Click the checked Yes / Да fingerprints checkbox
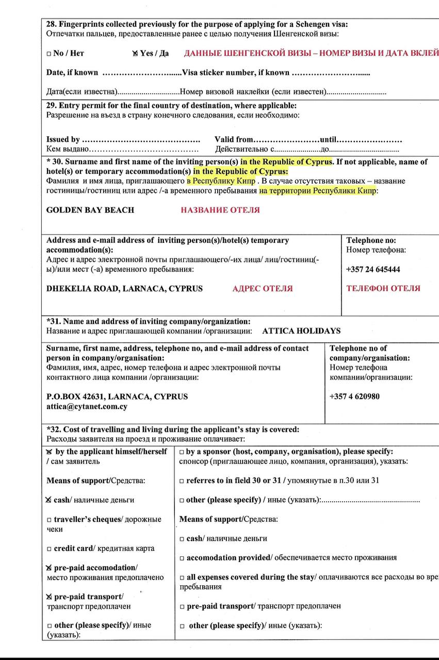[x=135, y=53]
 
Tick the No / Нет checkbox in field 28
[x=48, y=54]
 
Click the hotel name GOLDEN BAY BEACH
[x=90, y=210]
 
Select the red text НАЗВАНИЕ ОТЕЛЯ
[x=220, y=210]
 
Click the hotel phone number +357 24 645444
[x=373, y=269]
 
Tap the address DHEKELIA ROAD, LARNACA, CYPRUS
[x=124, y=288]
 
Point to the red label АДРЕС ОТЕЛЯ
[x=263, y=288]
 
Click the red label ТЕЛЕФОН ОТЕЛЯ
[x=383, y=288]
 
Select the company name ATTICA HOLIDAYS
[x=301, y=331]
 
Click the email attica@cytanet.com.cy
[x=87, y=406]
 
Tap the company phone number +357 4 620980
[x=354, y=397]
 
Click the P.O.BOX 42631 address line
[x=117, y=397]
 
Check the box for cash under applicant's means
[x=48, y=500]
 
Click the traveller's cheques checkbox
[x=48, y=520]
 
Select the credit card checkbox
[x=48, y=549]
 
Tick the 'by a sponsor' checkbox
[x=182, y=452]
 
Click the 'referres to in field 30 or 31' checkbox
[x=182, y=481]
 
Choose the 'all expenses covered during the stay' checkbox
[x=182, y=577]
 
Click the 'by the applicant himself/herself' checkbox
[x=49, y=452]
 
